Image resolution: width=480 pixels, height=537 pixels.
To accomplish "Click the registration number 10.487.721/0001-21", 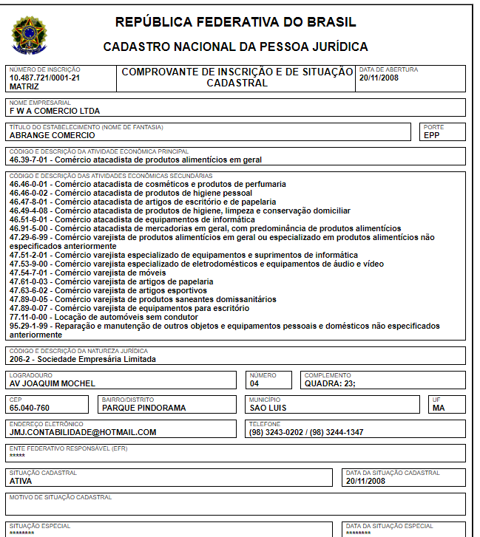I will click(44, 78).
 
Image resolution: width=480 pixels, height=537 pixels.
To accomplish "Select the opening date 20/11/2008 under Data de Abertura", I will click(379, 78).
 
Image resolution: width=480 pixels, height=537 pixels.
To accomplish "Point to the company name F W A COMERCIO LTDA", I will click(54, 111).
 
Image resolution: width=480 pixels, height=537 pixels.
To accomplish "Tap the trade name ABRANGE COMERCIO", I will click(52, 135).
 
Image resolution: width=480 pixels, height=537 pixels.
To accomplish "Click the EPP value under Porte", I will click(432, 135).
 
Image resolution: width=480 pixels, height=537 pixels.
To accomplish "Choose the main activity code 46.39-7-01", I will click(30, 160).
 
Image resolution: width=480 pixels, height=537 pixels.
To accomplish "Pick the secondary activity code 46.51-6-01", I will click(30, 219).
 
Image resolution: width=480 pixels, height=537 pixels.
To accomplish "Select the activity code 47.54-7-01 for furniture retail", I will click(30, 273).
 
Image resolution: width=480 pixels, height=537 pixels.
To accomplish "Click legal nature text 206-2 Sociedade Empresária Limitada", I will click(82, 360).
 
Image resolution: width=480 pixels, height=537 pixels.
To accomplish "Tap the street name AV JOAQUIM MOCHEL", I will click(53, 383).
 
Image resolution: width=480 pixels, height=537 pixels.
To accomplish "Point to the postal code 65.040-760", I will click(30, 408).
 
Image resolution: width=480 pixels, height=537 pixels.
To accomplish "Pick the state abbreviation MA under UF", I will click(439, 408).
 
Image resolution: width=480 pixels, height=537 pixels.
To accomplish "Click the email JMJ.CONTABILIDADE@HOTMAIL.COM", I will click(83, 432).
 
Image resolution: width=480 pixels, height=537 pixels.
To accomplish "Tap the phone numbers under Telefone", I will click(306, 432).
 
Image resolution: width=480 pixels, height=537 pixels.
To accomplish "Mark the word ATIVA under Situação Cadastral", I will click(21, 481).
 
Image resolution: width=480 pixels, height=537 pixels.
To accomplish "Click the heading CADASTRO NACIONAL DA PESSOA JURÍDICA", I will click(235, 47).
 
